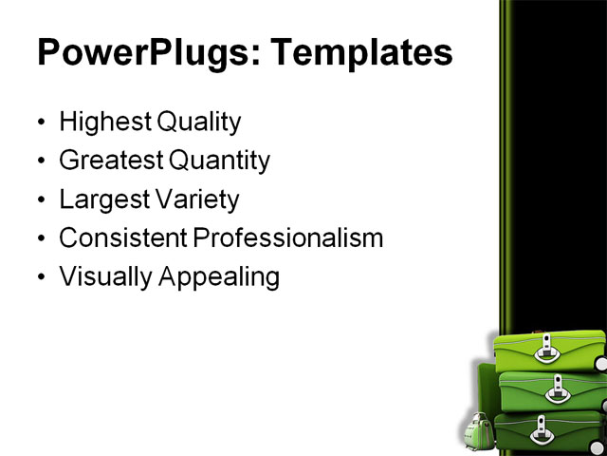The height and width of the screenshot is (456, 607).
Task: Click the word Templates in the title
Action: (x=362, y=52)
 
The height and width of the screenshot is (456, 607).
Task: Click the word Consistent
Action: (x=122, y=237)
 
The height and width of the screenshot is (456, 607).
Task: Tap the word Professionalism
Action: (x=288, y=237)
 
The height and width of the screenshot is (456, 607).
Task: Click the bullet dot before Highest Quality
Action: (x=40, y=123)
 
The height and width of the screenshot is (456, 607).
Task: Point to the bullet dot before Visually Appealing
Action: (x=40, y=278)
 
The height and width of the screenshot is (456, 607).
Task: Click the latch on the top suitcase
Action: (x=547, y=351)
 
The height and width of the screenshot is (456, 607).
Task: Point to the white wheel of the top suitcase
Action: (x=599, y=364)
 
